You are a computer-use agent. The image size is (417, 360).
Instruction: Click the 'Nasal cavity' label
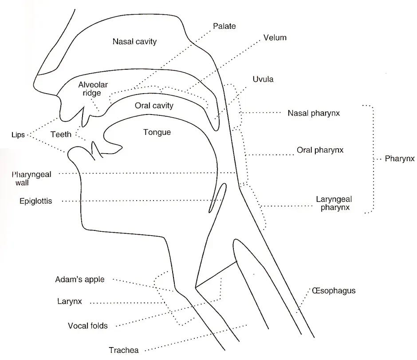pos(134,42)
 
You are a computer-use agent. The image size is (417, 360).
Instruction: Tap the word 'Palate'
pos(224,26)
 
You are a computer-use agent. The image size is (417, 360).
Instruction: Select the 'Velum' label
pos(275,38)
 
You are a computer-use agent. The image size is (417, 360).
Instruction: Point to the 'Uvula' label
pos(263,79)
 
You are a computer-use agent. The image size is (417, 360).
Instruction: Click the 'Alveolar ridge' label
pos(93,89)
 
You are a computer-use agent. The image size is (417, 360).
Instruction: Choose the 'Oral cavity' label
pos(154,106)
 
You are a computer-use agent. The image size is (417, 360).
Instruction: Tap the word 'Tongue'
pos(157,132)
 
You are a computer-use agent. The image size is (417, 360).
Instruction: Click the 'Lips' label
pos(18,135)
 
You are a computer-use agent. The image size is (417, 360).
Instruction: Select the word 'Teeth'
pos(61,135)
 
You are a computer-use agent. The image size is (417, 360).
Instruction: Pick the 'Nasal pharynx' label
pos(314,113)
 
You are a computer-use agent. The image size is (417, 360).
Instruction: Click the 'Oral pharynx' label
pos(320,150)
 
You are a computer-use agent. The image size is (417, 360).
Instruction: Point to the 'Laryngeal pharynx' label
pos(334,203)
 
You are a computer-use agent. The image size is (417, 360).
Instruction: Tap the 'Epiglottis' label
pos(35,201)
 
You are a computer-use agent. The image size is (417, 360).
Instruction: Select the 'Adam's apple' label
pos(80,279)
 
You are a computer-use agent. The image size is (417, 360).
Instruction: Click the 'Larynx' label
pos(69,301)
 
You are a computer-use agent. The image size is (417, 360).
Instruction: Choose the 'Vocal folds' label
pos(87,326)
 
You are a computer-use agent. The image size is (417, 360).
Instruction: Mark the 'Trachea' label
pos(124,350)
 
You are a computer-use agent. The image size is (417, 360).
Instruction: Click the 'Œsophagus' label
pos(334,291)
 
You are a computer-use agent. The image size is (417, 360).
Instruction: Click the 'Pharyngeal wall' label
pos(31,178)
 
